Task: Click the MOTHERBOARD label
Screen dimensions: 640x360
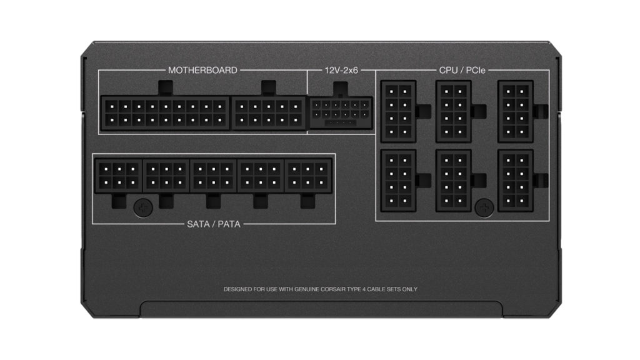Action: point(202,70)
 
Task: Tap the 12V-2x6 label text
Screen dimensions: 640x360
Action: point(341,70)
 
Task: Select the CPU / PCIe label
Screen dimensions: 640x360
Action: point(462,70)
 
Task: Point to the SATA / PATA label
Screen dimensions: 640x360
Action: point(214,224)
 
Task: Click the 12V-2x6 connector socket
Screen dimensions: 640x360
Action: point(341,112)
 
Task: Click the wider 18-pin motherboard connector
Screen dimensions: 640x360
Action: point(165,113)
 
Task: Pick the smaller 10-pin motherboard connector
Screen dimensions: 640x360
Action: point(269,113)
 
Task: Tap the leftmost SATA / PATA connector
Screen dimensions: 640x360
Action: point(118,176)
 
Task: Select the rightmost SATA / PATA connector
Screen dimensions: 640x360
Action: point(308,176)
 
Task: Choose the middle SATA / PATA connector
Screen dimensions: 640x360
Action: point(213,176)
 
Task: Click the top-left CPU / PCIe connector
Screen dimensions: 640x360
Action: point(398,111)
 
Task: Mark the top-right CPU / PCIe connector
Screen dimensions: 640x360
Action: point(515,111)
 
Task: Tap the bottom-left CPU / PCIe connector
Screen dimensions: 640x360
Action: point(398,181)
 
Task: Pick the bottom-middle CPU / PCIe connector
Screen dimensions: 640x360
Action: point(453,181)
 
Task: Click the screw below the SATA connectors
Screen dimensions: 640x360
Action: point(143,207)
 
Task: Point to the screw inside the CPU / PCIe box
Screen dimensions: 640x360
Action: point(484,207)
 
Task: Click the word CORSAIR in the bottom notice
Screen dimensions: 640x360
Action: point(333,289)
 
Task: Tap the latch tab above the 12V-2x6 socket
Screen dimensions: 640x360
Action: point(341,89)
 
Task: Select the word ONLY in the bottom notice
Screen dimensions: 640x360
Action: point(410,289)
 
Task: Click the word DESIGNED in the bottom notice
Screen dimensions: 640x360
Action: point(237,289)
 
